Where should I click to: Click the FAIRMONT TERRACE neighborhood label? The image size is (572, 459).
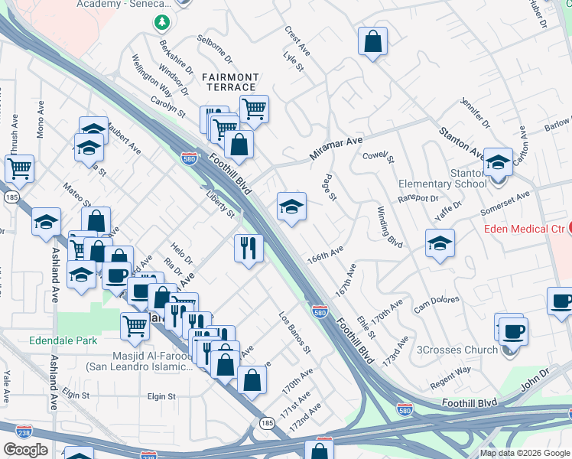tap(230, 82)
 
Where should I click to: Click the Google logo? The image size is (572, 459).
tap(25, 449)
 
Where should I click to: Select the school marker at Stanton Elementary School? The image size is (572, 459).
tap(498, 162)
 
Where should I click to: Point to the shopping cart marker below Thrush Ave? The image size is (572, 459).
tap(19, 168)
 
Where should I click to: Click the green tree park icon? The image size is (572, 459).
tap(161, 21)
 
